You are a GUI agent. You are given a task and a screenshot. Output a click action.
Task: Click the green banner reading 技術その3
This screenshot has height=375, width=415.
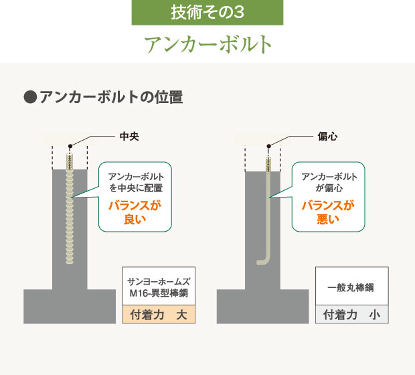[x=207, y=13]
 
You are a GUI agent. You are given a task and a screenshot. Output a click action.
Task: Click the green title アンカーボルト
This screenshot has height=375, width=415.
[x=208, y=44]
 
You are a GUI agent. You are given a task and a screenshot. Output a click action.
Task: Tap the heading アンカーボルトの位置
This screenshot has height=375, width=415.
[x=111, y=97]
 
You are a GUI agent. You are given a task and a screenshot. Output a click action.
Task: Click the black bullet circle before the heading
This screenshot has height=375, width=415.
[x=30, y=97]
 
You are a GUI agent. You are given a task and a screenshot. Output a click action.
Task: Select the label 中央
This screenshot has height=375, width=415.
[x=129, y=137]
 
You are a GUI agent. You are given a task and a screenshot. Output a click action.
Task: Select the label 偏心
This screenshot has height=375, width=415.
[x=328, y=137]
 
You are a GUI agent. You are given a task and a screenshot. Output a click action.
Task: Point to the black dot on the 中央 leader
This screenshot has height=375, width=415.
[x=70, y=146]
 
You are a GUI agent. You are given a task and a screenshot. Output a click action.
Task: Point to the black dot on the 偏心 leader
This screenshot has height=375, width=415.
[x=268, y=146]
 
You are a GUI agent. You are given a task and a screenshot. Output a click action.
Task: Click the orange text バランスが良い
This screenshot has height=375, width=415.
[x=135, y=212]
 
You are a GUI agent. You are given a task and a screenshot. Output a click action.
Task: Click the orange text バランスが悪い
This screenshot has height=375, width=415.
[x=328, y=212]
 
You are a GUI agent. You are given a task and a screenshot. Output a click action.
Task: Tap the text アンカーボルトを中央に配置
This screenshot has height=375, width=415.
[x=136, y=182]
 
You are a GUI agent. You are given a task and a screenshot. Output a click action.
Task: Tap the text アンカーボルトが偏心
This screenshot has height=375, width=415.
[x=329, y=182]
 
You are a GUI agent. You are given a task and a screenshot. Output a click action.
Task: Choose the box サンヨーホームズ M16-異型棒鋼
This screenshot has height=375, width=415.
[x=159, y=286]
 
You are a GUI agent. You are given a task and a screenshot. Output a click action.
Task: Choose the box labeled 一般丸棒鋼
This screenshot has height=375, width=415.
[x=352, y=286]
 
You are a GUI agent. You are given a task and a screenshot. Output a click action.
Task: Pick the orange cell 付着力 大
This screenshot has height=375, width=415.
[x=159, y=314]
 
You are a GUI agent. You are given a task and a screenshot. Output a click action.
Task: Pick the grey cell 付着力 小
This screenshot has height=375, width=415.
[x=352, y=314]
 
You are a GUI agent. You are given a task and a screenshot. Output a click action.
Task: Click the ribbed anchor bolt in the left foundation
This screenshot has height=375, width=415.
[x=70, y=209]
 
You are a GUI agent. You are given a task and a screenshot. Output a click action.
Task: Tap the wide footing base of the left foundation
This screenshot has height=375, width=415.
[x=70, y=307]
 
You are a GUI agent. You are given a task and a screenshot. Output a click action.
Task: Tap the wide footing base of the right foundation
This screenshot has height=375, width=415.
[x=263, y=307]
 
